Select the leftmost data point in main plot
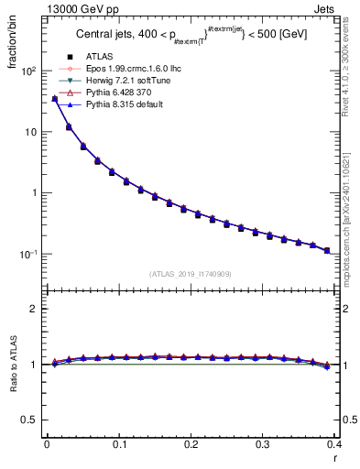[54, 99]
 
